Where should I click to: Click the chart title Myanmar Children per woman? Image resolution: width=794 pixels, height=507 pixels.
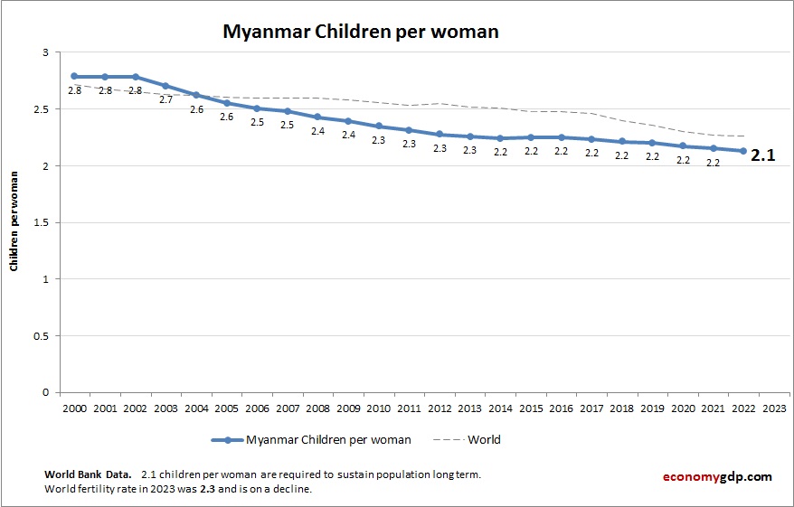point(361,32)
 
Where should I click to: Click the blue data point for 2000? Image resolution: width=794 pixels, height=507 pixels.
point(74,77)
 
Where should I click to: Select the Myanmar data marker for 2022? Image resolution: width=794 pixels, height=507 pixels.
point(743,151)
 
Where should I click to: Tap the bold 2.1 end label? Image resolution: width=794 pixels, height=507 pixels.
point(763,155)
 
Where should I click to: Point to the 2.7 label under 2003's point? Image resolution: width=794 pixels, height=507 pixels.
point(165,99)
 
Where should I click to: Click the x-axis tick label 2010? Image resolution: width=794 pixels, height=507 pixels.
point(378,408)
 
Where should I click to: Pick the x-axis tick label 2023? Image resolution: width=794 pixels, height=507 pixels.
point(774,408)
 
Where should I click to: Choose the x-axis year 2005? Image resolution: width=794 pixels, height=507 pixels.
point(226,408)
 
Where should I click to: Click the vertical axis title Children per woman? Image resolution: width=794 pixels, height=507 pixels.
point(14,222)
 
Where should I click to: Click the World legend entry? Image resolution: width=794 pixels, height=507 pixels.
point(483,440)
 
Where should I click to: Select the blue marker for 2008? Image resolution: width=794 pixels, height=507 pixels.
point(317,117)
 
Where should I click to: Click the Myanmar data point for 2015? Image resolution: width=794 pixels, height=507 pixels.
point(531,137)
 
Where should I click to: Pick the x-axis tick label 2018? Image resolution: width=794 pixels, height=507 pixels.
point(621,408)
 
